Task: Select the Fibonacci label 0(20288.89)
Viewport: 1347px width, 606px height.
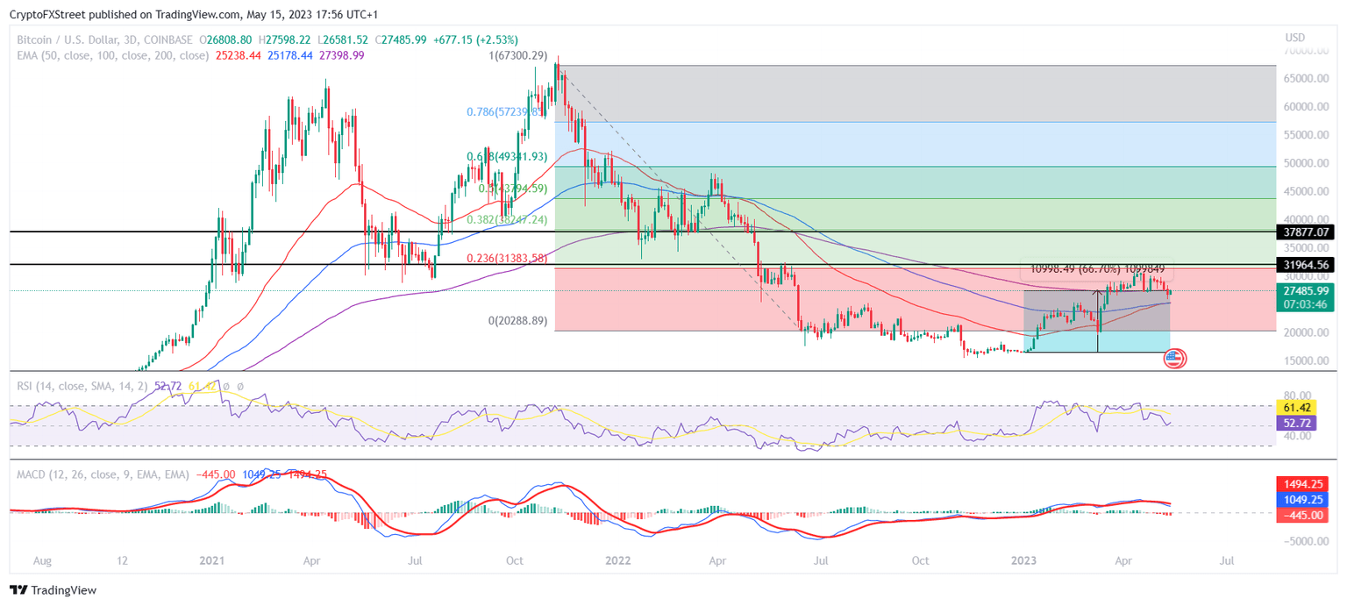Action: pos(517,321)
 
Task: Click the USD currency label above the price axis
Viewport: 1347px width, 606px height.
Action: pos(1295,38)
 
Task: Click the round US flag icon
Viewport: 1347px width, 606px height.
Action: pos(1174,358)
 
